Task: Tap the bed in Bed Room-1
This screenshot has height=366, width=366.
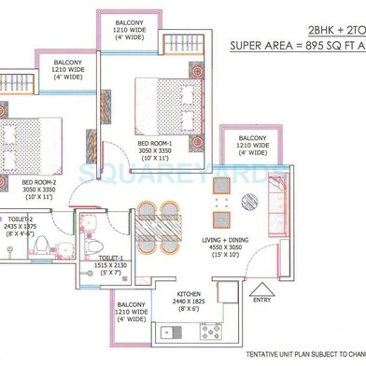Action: (x=164, y=107)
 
